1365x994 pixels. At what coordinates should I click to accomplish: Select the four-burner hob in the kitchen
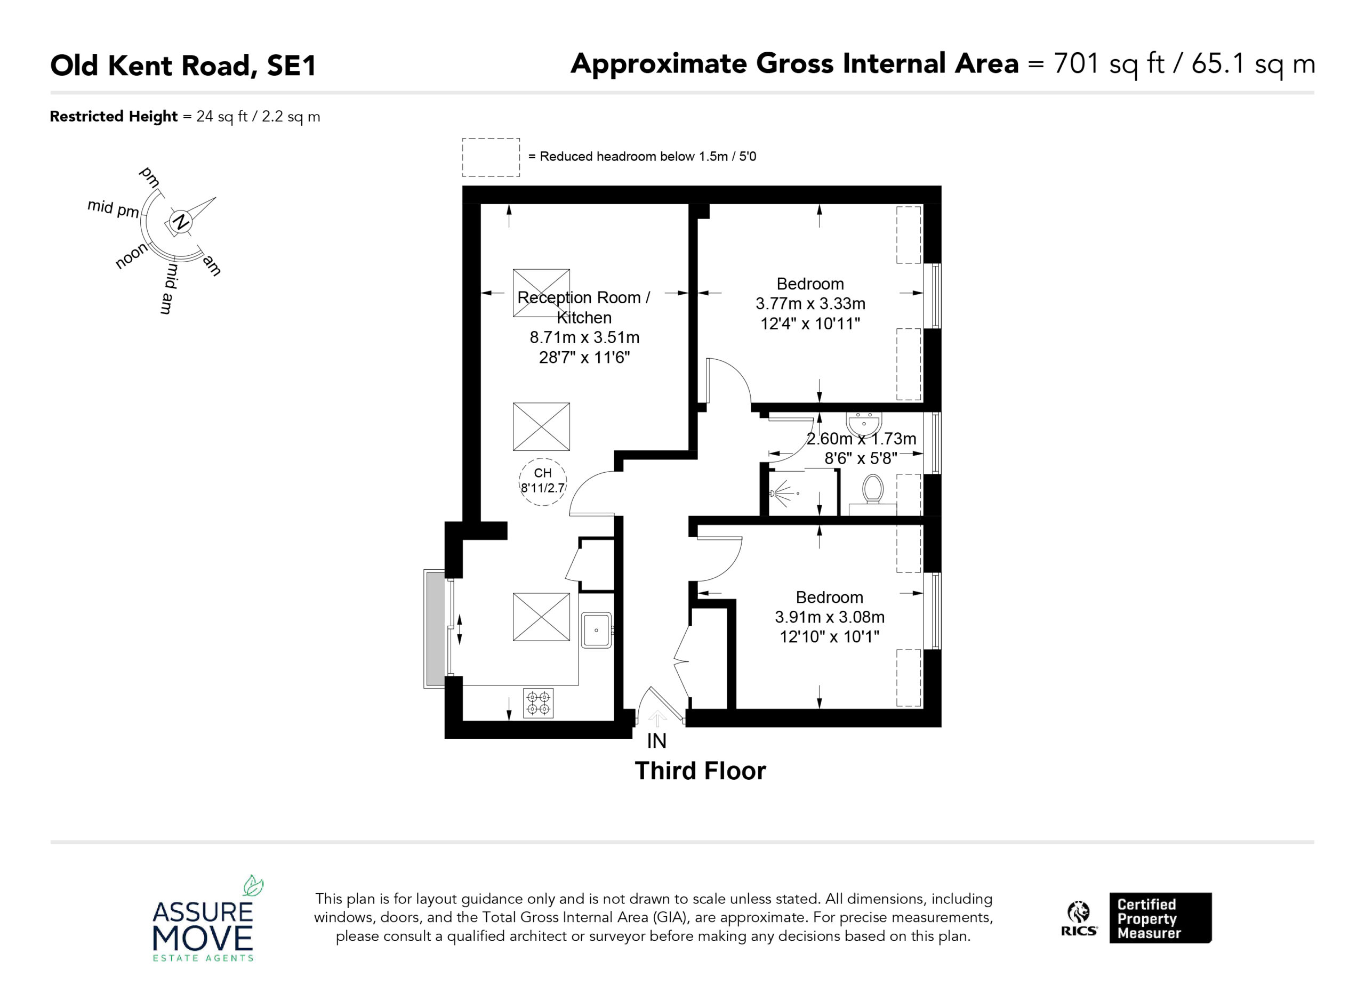click(538, 703)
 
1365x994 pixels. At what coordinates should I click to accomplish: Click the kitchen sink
click(596, 630)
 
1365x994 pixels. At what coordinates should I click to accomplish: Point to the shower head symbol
click(782, 494)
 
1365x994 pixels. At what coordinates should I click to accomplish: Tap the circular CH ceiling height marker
click(542, 481)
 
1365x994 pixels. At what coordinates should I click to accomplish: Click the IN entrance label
click(656, 741)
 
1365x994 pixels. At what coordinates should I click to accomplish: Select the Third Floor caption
click(700, 771)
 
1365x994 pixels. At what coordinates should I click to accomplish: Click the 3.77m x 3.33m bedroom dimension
click(810, 304)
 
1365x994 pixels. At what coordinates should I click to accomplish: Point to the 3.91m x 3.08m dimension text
click(829, 617)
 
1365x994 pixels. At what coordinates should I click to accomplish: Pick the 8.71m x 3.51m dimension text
click(584, 337)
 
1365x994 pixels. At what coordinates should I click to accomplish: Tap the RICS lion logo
click(1079, 913)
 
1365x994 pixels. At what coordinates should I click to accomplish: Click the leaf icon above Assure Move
click(253, 885)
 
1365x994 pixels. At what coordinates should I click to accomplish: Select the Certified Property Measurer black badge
click(1160, 918)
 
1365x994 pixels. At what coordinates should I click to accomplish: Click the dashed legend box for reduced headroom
click(491, 157)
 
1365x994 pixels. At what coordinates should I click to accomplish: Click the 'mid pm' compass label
click(113, 208)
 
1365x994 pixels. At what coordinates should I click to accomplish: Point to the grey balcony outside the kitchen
click(435, 629)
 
